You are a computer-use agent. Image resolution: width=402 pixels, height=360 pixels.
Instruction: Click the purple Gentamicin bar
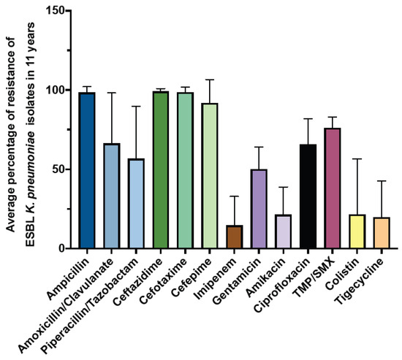pos(258,209)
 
